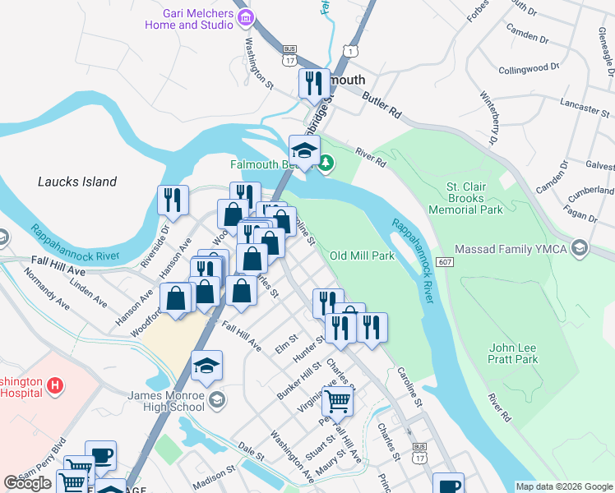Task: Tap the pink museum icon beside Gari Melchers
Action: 244,17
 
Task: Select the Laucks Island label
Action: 77,182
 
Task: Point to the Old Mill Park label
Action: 363,256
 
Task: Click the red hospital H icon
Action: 55,385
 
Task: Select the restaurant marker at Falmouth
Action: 313,85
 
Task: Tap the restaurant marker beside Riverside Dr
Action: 173,200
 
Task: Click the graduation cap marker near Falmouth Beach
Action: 304,150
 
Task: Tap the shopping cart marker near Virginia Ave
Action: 337,403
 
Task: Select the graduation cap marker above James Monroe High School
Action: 207,366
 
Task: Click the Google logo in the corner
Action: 27,483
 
